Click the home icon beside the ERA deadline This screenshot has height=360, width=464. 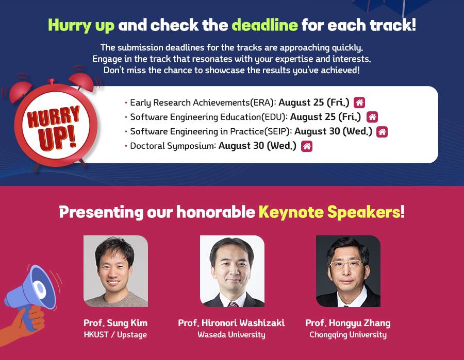[x=359, y=102]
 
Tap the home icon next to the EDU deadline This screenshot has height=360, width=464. [x=372, y=117]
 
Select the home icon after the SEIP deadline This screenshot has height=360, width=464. [x=382, y=132]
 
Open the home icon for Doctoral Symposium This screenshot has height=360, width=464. [x=307, y=146]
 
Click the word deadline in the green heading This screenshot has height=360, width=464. [x=264, y=25]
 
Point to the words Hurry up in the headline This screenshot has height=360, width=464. [x=81, y=25]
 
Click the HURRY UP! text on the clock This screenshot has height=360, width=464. [x=54, y=127]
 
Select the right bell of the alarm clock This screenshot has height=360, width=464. [x=81, y=81]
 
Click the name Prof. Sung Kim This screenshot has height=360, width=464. [x=115, y=323]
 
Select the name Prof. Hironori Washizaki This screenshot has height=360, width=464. [x=231, y=323]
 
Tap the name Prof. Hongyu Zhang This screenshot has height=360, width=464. [x=347, y=323]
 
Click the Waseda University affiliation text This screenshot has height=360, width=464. [x=231, y=335]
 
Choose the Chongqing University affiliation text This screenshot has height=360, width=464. [x=348, y=335]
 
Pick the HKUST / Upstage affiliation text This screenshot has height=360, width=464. [x=115, y=335]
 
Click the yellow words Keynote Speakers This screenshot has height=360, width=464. [x=332, y=212]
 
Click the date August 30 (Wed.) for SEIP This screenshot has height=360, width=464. [x=333, y=131]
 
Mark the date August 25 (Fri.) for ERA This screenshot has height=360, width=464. [x=314, y=102]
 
